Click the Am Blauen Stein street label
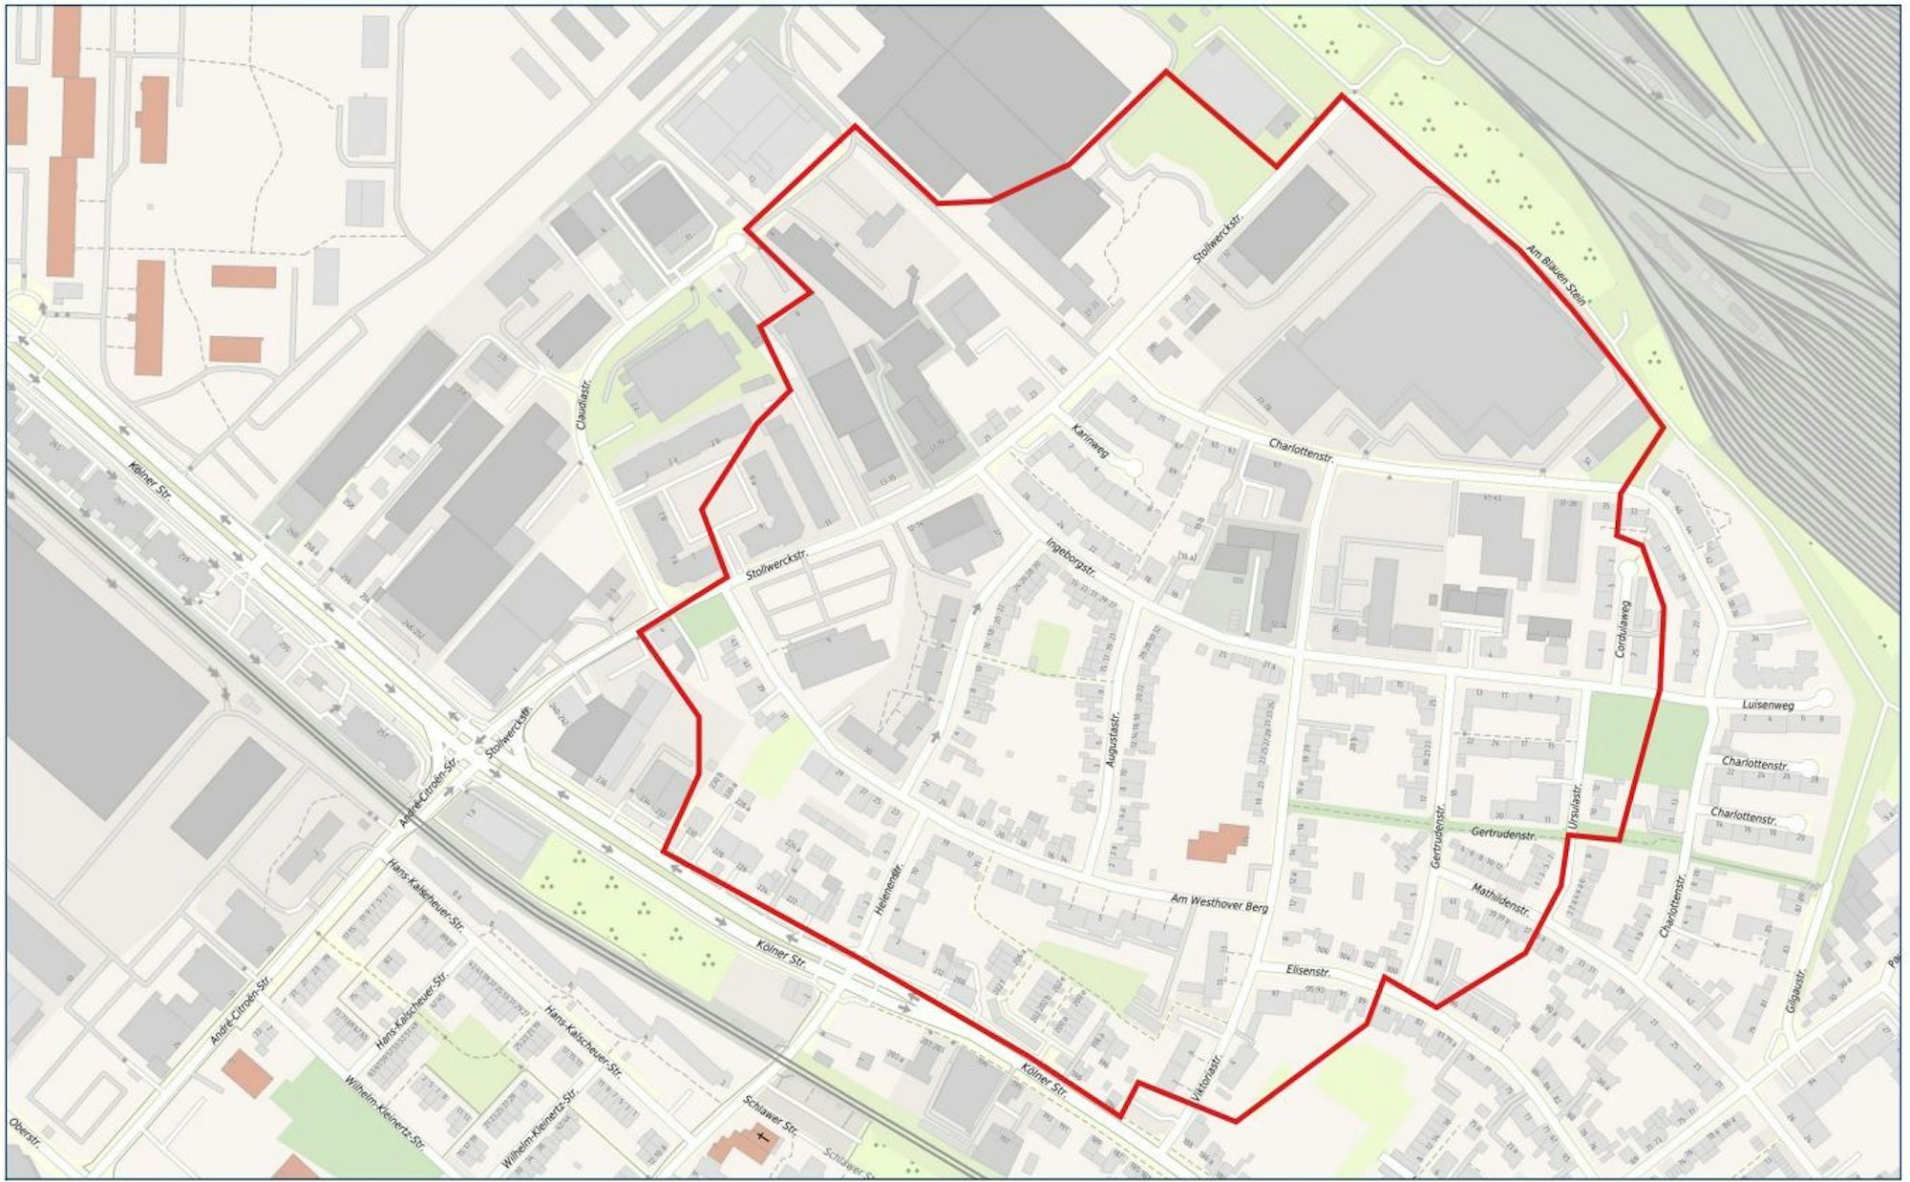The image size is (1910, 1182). [x=1556, y=275]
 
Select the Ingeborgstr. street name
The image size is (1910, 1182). [x=1070, y=559]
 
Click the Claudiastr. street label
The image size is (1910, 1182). [x=584, y=401]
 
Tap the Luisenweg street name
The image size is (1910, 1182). [x=1768, y=706]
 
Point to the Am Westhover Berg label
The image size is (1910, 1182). [x=1220, y=902]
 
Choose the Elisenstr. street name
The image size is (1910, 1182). [x=1308, y=970]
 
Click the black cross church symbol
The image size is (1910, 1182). [x=762, y=1137]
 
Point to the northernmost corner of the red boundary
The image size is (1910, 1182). [x=1165, y=72]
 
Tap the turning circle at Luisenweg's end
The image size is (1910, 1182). [x=1825, y=697]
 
